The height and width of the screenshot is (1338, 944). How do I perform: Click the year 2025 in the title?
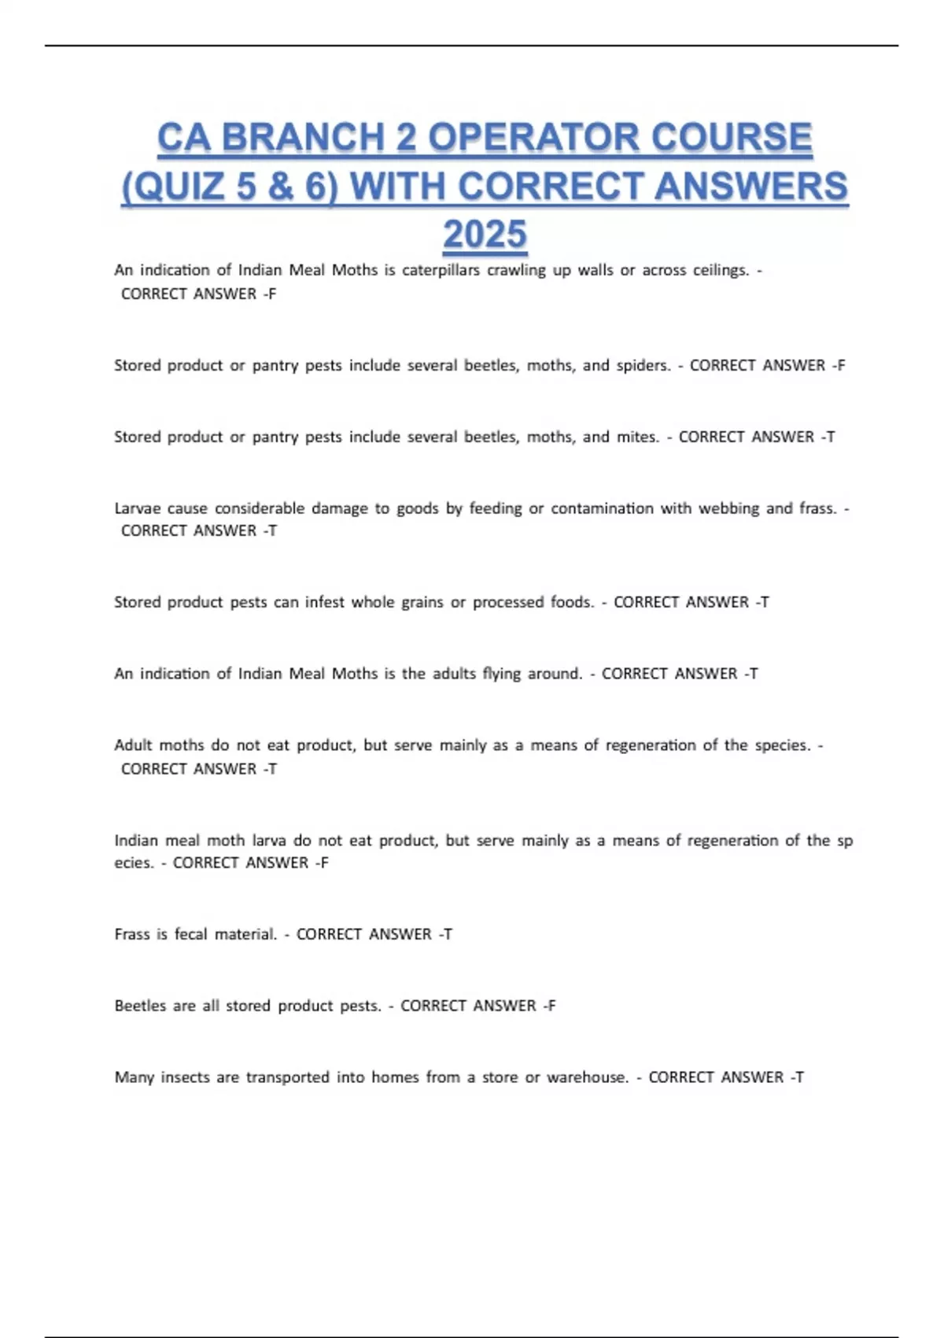[485, 235]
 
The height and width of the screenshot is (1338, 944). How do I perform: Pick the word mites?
[637, 437]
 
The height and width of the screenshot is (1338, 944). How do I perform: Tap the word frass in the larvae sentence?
[817, 508]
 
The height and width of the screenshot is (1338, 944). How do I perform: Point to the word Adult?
[133, 745]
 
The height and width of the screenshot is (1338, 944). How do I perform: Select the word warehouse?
[588, 1077]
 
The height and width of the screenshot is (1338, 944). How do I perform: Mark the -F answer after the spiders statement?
[839, 365]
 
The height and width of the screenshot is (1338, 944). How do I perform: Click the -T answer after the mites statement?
[828, 437]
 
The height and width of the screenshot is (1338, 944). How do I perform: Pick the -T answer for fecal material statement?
[445, 934]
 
